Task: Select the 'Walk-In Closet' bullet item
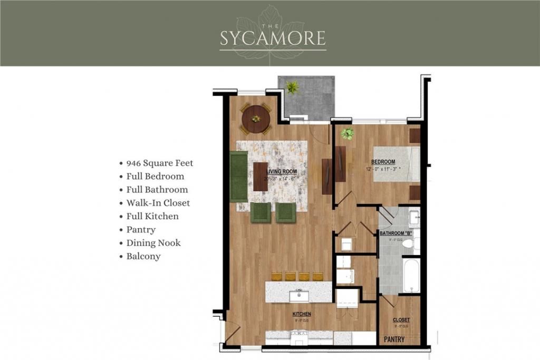pyautogui.click(x=158, y=202)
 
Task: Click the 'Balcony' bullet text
pyautogui.click(x=143, y=256)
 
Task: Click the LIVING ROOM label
pyautogui.click(x=281, y=172)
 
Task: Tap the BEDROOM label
pyautogui.click(x=383, y=162)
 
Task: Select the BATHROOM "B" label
pyautogui.click(x=396, y=233)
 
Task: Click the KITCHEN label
pyautogui.click(x=302, y=314)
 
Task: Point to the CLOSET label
pyautogui.click(x=401, y=320)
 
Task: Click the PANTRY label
pyautogui.click(x=393, y=339)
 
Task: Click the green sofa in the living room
pyautogui.click(x=238, y=176)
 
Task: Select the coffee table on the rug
pyautogui.click(x=261, y=176)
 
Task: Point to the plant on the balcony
pyautogui.click(x=292, y=87)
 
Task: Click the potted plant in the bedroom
pyautogui.click(x=347, y=133)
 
